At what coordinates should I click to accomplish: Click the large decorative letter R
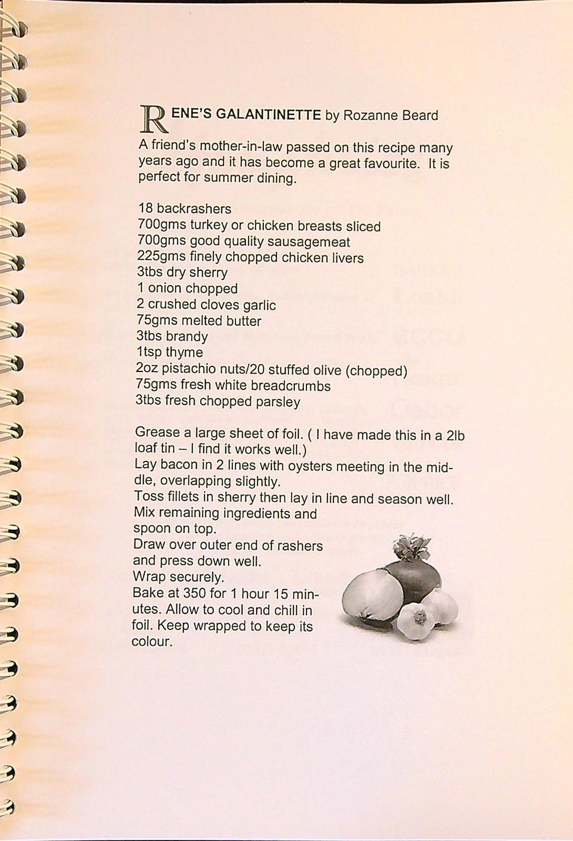click(x=152, y=118)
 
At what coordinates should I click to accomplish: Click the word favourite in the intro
click(x=389, y=163)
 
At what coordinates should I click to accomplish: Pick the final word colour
click(x=152, y=642)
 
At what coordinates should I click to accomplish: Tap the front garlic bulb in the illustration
click(x=416, y=622)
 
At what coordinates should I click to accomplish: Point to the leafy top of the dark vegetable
click(x=411, y=547)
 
